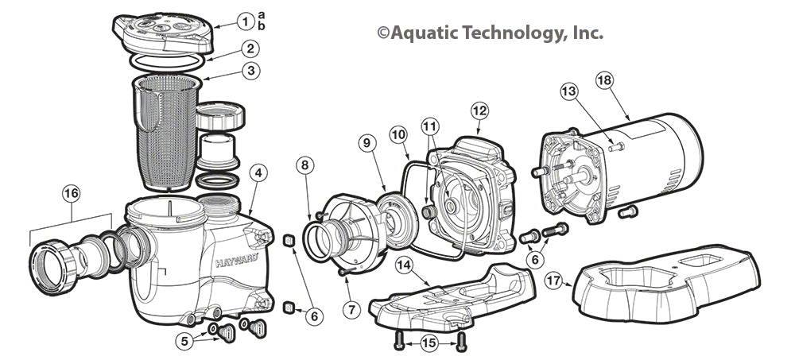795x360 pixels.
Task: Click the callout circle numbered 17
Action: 555,281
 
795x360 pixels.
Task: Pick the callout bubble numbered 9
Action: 366,143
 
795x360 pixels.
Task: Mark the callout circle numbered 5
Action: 185,341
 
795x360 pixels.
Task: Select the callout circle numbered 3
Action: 250,71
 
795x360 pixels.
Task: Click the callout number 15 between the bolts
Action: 427,344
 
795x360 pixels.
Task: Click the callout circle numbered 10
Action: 398,137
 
